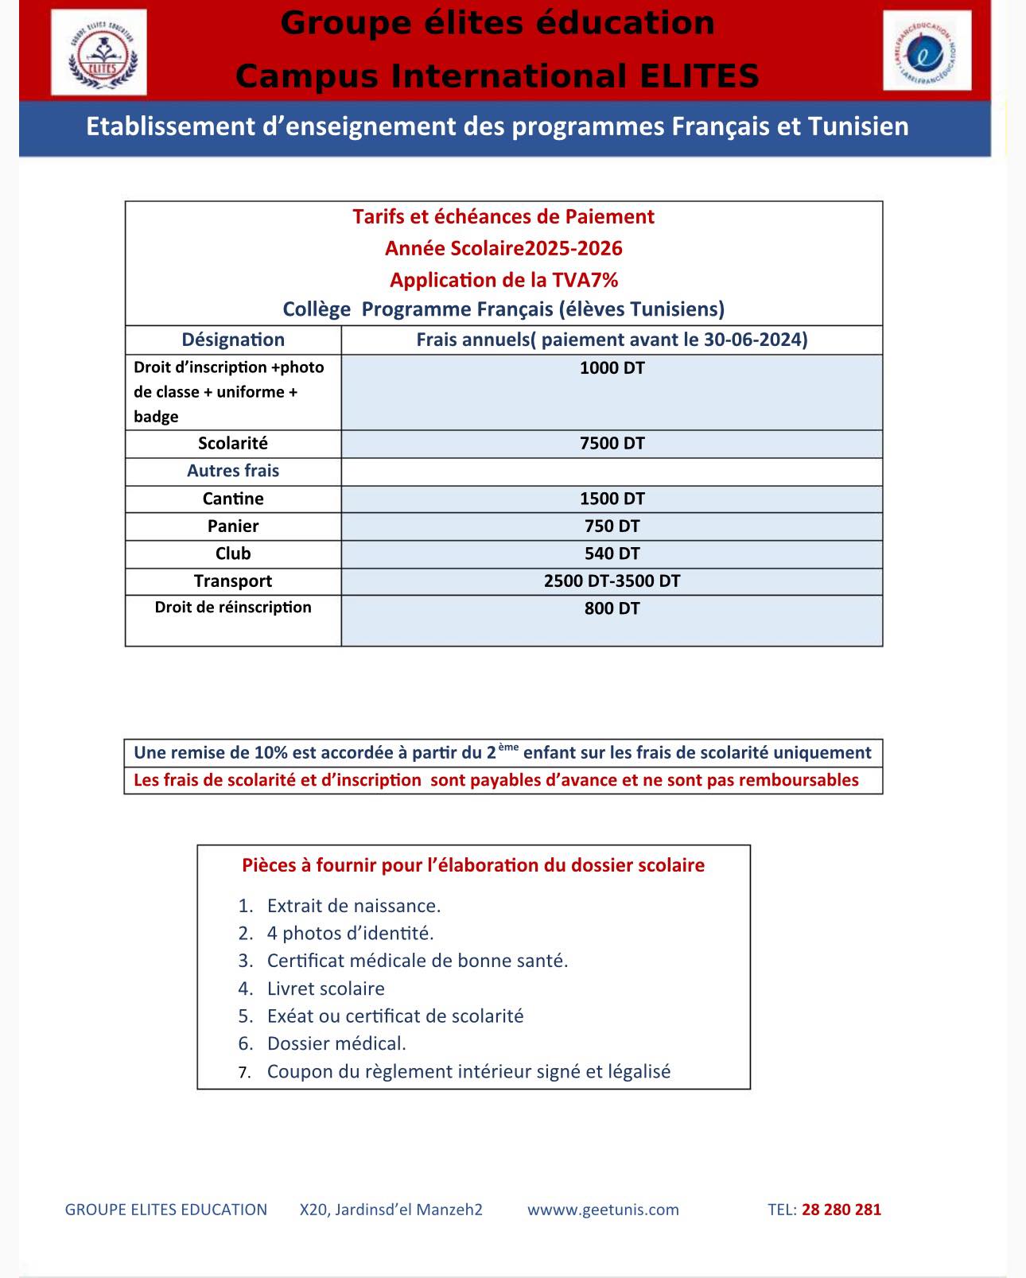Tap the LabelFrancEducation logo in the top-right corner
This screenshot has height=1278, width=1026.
tap(927, 51)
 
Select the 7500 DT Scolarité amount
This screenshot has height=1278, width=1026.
tap(612, 444)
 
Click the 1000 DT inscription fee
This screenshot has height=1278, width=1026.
tap(612, 368)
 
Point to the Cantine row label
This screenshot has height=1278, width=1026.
tap(233, 499)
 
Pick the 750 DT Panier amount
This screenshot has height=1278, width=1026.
tap(612, 526)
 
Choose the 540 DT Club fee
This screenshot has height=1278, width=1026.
tap(612, 554)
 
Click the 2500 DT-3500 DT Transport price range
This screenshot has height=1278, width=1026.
tap(612, 581)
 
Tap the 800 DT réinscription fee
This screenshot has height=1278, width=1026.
tap(612, 609)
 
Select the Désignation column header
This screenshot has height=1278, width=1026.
tap(233, 340)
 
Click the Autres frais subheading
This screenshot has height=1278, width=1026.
tap(233, 471)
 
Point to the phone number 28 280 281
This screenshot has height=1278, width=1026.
tap(841, 1210)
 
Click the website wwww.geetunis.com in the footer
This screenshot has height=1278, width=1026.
tap(603, 1210)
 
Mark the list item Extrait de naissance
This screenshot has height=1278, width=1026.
tap(353, 906)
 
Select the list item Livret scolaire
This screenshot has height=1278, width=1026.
tap(325, 989)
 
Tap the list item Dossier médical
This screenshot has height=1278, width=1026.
tap(336, 1043)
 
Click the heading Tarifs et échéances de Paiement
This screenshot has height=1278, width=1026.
tap(503, 217)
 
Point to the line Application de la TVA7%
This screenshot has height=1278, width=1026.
tap(503, 280)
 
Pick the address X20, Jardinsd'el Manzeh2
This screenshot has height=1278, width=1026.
tap(391, 1210)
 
